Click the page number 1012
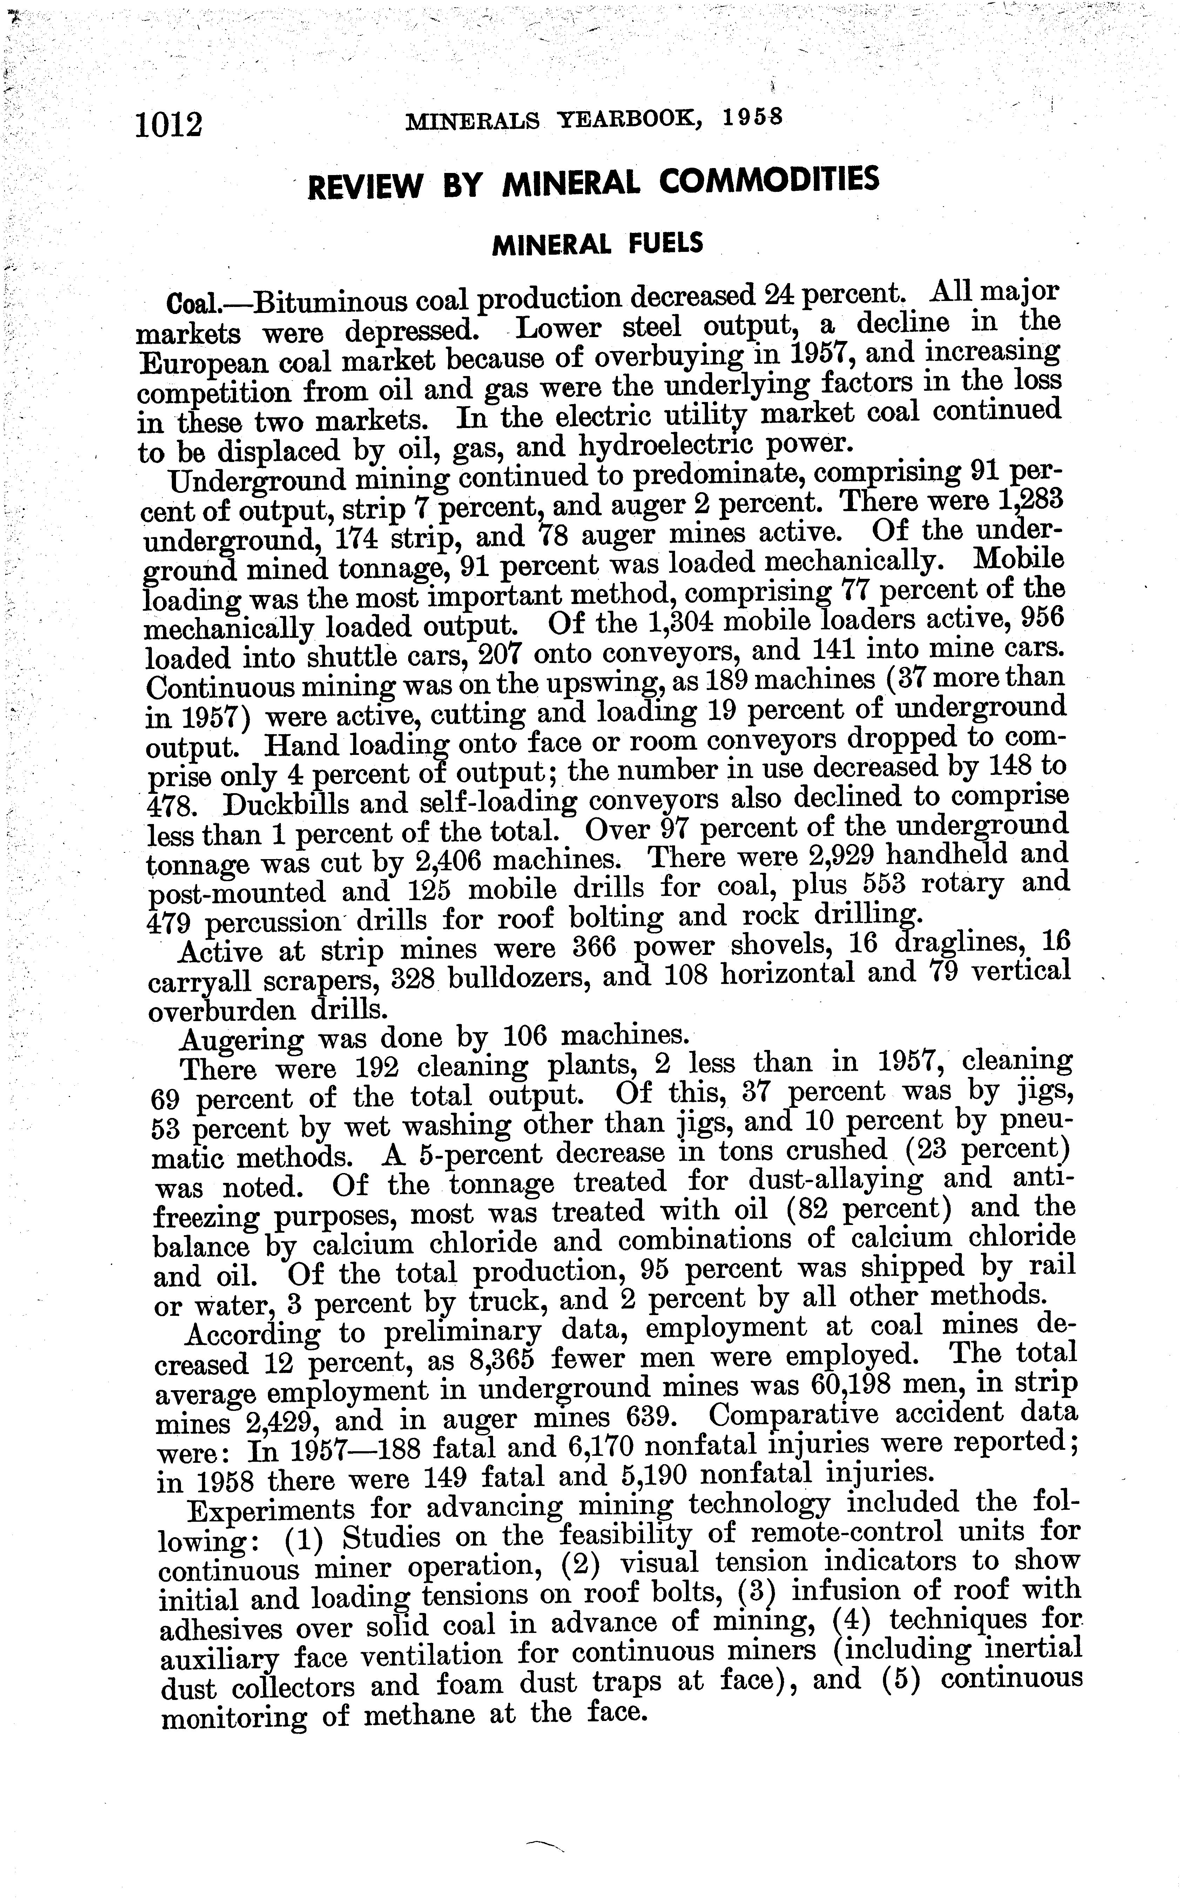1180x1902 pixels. (x=169, y=125)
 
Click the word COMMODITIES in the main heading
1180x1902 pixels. (x=769, y=181)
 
